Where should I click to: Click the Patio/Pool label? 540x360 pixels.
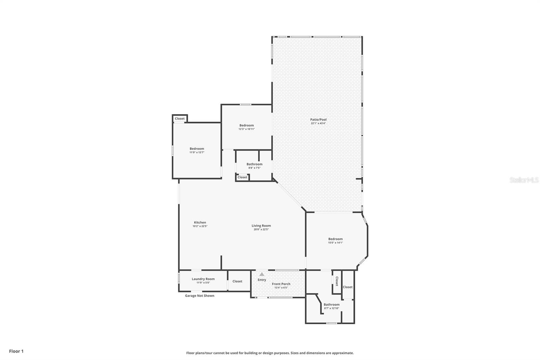point(318,120)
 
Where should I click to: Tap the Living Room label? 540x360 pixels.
point(261,226)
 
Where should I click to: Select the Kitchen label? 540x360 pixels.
point(200,222)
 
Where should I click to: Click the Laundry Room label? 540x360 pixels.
point(203,279)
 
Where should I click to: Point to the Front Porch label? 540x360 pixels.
point(281,284)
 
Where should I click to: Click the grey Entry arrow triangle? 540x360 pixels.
point(262,274)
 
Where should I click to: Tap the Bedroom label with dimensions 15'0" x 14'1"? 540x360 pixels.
point(335,239)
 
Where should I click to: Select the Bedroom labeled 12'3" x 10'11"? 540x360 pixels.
point(246,125)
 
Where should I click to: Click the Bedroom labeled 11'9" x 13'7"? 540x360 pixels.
point(197,149)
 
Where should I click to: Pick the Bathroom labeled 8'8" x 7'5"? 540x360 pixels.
point(254,164)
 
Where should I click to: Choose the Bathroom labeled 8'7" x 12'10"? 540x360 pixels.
point(331,305)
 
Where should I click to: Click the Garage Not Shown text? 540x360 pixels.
point(199,295)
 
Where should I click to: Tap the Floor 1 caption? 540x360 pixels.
point(16,351)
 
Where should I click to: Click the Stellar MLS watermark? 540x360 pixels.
point(524,180)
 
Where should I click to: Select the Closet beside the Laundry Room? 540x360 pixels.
point(237,281)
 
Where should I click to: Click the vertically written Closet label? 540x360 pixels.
point(337,281)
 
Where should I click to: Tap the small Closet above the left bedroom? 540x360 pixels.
point(180,119)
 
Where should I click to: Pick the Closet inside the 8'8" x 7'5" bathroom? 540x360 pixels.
point(242,177)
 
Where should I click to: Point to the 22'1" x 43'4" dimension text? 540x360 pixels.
point(318,123)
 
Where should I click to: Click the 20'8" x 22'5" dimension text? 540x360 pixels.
point(261,229)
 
